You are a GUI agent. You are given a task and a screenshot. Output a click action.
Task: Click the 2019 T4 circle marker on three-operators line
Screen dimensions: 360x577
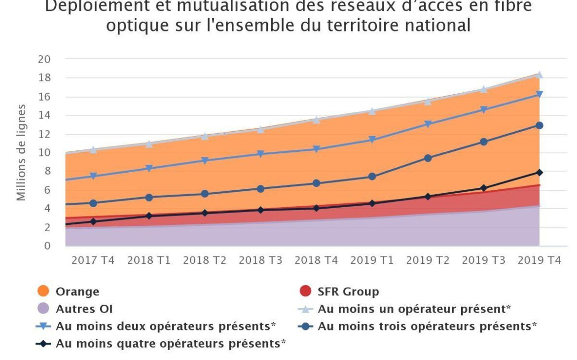point(539,126)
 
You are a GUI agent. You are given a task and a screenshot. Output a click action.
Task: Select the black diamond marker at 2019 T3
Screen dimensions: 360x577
point(483,188)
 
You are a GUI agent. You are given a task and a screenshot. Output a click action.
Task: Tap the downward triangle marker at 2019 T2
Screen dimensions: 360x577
point(428,124)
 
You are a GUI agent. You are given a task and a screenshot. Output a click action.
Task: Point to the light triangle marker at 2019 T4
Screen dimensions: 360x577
point(539,75)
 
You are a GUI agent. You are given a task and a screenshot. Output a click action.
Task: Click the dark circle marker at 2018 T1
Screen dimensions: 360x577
point(149,197)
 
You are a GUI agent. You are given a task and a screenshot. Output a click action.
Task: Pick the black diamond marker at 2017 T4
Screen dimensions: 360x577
point(93,222)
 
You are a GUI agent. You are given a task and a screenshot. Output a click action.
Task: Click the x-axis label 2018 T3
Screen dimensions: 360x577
point(260,260)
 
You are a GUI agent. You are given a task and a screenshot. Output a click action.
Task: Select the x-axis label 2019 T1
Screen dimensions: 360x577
point(372,260)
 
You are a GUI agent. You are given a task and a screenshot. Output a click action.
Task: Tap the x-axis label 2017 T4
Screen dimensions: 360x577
point(93,260)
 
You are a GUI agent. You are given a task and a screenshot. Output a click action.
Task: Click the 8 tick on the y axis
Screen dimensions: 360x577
point(47,172)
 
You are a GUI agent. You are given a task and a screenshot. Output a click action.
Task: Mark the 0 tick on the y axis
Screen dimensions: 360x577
point(47,246)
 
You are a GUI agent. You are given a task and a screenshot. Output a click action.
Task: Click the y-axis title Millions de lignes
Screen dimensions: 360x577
point(21,152)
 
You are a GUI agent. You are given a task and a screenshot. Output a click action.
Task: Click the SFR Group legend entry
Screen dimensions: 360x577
point(348,292)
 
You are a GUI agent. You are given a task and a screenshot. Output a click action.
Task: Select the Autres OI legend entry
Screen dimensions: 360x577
point(84,309)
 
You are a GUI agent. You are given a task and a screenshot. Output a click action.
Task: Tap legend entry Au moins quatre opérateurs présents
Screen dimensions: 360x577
point(171,344)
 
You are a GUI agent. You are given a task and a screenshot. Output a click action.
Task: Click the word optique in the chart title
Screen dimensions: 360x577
point(136,25)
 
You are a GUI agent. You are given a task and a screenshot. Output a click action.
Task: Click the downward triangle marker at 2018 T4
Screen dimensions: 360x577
point(316,149)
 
